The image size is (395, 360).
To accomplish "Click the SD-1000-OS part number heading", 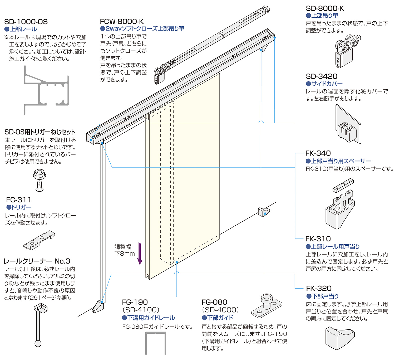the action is point(26,22).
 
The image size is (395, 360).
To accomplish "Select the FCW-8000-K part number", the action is point(122,21).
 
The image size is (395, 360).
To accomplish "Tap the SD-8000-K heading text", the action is point(325,8).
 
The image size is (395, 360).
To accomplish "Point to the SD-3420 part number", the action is point(322,76).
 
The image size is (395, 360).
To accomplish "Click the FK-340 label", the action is point(318,153).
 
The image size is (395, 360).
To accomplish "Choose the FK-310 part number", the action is point(318,239).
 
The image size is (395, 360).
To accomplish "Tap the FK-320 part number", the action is point(319,288).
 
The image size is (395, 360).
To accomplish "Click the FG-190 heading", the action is point(135,302).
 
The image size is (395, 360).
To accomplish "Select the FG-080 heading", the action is point(214,302).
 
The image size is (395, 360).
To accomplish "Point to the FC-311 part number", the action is point(18,200).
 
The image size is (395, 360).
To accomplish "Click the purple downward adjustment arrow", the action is point(140,253).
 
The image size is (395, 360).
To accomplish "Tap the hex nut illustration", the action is point(39,174).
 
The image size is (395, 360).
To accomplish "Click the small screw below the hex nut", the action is point(39,186).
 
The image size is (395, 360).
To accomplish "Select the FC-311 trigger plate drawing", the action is point(39,240).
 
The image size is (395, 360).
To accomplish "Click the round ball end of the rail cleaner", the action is point(38,344).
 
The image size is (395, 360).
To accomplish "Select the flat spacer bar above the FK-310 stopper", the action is point(343,185).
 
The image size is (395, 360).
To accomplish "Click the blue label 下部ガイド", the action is point(218,318).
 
